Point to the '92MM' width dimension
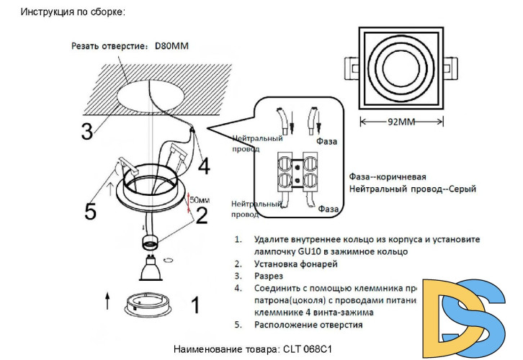(402, 122)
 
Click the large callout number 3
(86, 132)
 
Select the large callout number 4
(204, 166)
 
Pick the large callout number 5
(90, 211)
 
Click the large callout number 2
(202, 215)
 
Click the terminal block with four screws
(296, 175)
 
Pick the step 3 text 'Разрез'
(269, 276)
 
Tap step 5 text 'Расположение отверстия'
(308, 325)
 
